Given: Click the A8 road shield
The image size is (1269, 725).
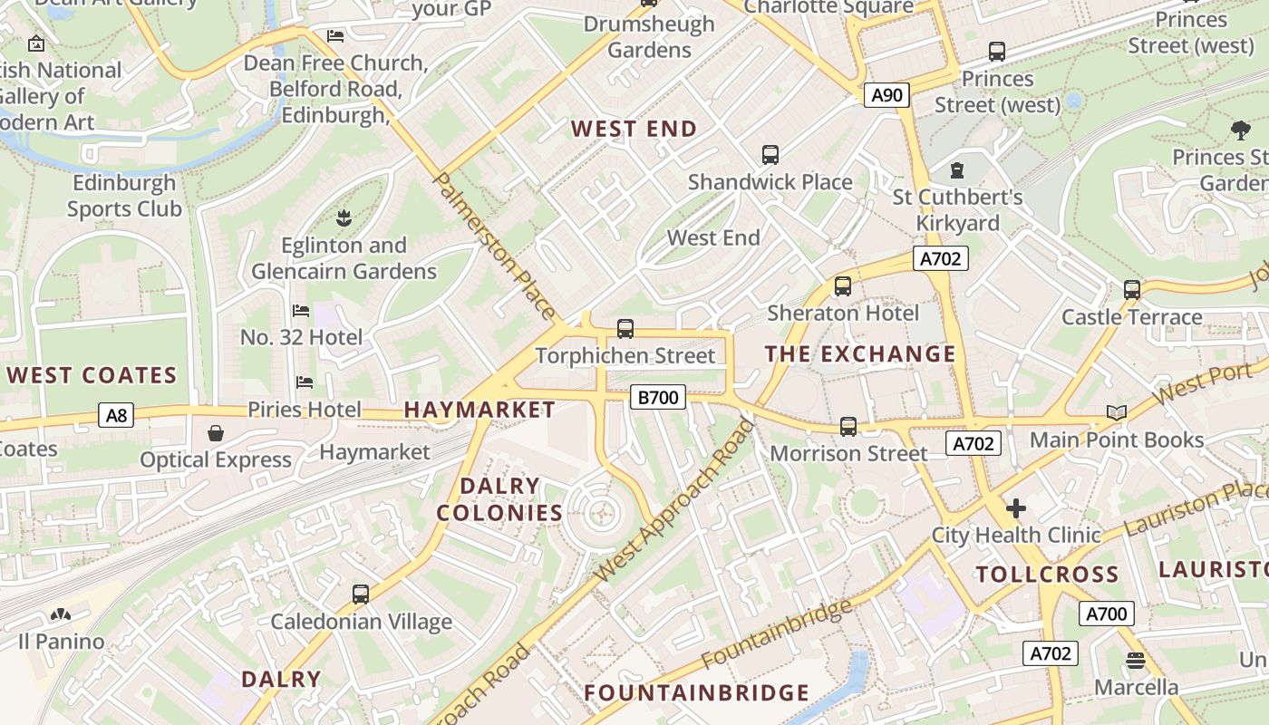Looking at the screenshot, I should click(x=116, y=416).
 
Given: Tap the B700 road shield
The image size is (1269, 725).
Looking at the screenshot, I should click(x=657, y=397).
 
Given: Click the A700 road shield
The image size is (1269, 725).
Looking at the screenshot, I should click(x=1106, y=614).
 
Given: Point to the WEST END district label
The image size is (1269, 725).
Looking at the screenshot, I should click(x=634, y=129).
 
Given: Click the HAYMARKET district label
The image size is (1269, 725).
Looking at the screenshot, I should click(x=480, y=410).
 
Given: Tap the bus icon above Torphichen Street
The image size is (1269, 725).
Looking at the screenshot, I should click(x=625, y=329).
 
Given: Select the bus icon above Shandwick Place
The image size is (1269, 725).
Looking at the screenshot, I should click(x=770, y=155).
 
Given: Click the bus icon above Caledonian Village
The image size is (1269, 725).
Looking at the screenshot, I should click(x=360, y=594).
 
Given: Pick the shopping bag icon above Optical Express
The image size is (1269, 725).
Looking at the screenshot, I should click(x=216, y=433).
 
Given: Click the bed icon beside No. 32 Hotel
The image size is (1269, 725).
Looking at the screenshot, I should click(x=301, y=311).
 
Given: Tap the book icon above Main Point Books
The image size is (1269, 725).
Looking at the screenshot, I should click(x=1116, y=413).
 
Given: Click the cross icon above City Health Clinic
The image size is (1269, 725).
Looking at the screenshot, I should click(x=1016, y=508).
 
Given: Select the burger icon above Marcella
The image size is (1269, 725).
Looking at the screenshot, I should click(x=1136, y=660).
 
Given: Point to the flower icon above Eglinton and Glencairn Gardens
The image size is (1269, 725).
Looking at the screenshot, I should click(x=344, y=218).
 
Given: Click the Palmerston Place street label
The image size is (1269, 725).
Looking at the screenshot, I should click(x=495, y=246).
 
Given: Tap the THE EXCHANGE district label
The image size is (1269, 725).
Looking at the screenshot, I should click(x=860, y=353).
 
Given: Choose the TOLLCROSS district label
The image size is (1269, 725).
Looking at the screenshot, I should click(x=1047, y=575).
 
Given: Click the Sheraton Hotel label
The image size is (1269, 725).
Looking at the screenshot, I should click(x=843, y=314).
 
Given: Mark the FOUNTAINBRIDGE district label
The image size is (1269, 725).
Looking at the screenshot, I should click(x=696, y=693).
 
